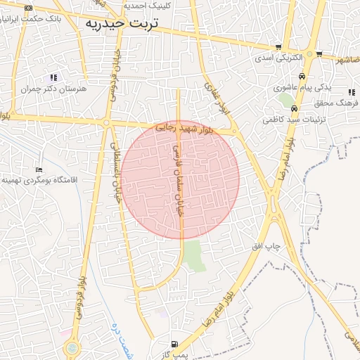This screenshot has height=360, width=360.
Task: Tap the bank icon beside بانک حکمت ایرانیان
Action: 27,8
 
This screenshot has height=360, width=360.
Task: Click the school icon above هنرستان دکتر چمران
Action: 53,77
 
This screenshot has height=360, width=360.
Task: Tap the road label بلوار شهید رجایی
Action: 184,129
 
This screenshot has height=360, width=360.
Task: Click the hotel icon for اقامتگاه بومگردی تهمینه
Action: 39,169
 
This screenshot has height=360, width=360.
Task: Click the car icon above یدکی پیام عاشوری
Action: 302,76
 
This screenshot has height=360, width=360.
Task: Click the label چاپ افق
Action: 266,247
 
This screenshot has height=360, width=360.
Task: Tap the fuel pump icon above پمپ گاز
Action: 174,345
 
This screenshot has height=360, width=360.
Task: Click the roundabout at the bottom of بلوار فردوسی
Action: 71,348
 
